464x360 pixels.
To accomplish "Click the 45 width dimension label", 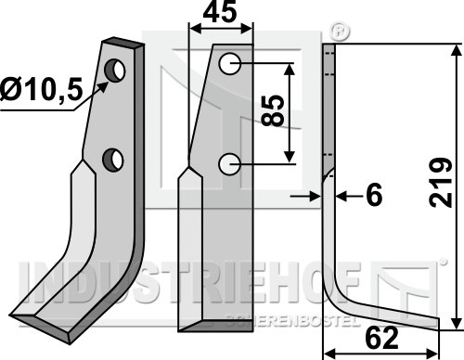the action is [220, 12].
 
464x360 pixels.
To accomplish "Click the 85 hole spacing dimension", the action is [273, 110].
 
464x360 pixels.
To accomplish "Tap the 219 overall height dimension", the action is [441, 182].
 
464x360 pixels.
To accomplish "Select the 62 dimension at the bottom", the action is [381, 339].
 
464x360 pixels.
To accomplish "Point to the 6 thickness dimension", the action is [374, 195].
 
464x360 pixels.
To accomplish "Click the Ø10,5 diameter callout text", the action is [42, 89].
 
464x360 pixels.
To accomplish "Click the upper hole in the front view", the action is [229, 64].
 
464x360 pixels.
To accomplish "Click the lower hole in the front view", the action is [229, 164].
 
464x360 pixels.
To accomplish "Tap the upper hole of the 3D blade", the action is [115, 71].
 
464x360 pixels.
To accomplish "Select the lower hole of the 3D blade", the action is [113, 159].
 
